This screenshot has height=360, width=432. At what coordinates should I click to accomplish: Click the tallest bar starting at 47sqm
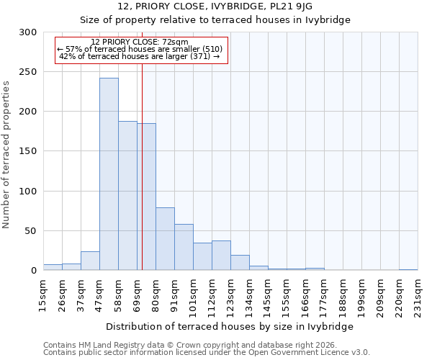point(109,174)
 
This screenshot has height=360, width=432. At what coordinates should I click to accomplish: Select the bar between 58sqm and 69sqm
point(127,196)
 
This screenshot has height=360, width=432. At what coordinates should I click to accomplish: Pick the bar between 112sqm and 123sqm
point(221,256)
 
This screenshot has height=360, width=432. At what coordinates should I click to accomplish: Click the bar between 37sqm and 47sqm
point(90,261)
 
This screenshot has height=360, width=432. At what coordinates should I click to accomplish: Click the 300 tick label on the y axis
point(28,32)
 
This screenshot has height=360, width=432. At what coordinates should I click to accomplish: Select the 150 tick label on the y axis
point(28,152)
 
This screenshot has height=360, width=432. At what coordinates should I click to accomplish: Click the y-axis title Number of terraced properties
point(6,154)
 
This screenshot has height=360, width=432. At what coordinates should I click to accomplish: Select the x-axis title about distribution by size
point(230,326)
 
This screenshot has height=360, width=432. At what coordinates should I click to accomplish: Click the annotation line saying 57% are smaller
point(140,49)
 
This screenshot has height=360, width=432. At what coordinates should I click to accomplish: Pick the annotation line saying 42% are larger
point(139,56)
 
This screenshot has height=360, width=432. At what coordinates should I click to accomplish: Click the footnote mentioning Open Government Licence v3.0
point(207,353)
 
